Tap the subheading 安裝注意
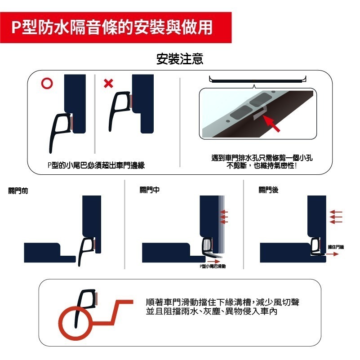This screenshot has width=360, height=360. click(x=180, y=59)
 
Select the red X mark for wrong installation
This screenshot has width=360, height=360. click(x=108, y=84)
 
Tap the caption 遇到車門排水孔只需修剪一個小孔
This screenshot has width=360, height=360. click(x=262, y=158)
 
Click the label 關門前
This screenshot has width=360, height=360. click(x=18, y=191)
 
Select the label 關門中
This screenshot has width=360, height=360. click(x=150, y=190)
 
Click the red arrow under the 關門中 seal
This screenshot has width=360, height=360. click(x=214, y=261)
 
